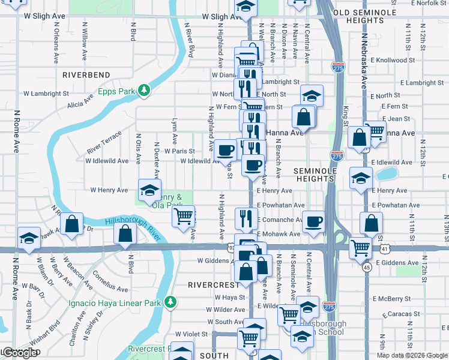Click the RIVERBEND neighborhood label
point(86,74)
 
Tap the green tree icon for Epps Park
point(144,91)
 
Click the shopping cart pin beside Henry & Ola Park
point(184,214)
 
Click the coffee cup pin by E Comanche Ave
point(313,221)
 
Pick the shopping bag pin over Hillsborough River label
point(125,234)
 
